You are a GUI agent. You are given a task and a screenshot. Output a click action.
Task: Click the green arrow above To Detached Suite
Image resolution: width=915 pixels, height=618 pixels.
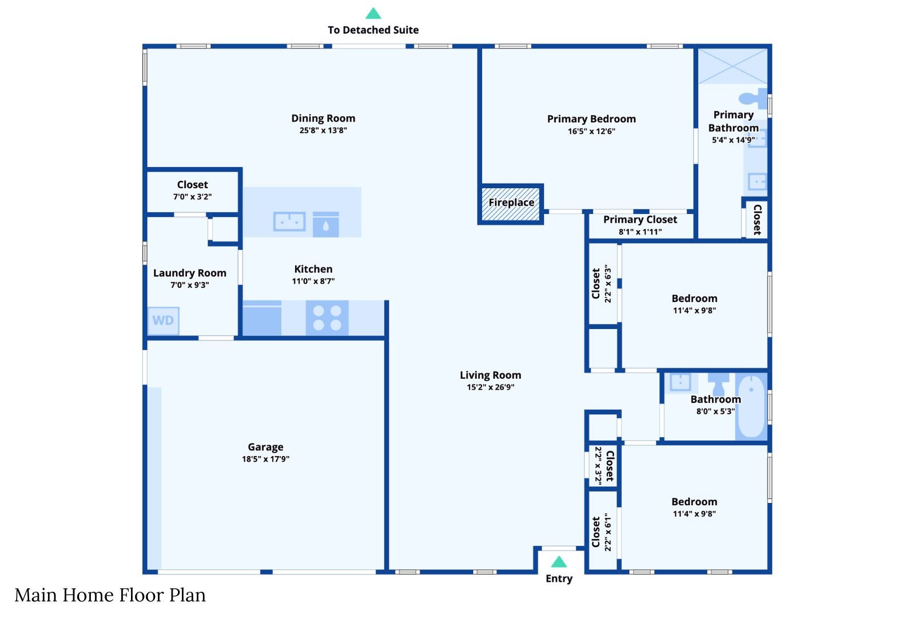[373, 14]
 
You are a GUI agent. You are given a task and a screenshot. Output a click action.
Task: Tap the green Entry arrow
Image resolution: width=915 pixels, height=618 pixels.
[559, 562]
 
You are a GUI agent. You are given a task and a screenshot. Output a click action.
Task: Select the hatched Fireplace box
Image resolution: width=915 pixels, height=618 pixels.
[511, 204]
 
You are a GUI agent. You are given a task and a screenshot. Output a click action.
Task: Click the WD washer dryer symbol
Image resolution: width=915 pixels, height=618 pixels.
[163, 320]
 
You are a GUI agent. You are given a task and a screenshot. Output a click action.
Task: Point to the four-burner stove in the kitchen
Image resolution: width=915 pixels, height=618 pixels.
[327, 318]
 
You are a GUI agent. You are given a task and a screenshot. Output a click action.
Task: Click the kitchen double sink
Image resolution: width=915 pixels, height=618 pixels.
[289, 221]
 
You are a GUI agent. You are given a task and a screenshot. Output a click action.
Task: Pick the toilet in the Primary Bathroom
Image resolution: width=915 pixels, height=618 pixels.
[753, 98]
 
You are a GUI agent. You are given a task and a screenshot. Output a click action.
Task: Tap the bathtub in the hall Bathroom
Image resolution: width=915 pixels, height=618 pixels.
[751, 406]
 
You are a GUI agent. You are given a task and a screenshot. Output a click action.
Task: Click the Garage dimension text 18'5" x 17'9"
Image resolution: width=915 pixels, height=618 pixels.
[265, 459]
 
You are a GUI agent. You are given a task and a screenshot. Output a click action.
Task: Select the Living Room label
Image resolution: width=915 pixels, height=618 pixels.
[491, 375]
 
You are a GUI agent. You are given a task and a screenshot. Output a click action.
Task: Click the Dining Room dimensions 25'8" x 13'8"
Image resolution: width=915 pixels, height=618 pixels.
[323, 130]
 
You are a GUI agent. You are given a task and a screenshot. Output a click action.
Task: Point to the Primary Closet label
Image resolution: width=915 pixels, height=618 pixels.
[640, 220]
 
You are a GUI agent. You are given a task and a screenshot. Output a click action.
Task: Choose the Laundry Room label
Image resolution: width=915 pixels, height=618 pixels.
[189, 273]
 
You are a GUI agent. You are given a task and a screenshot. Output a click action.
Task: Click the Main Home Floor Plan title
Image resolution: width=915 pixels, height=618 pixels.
[110, 595]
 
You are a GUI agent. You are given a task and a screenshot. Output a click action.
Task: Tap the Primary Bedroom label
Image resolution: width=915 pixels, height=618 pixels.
[591, 119]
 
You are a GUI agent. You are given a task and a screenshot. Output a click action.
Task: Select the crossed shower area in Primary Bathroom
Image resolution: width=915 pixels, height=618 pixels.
[733, 66]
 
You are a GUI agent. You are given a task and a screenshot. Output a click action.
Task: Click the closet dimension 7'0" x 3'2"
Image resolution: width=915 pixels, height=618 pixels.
[192, 197]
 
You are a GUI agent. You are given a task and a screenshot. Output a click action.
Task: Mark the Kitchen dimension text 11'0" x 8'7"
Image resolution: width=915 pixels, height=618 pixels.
[313, 281]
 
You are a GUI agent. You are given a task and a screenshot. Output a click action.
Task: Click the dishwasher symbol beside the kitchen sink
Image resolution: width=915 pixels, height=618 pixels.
[325, 224]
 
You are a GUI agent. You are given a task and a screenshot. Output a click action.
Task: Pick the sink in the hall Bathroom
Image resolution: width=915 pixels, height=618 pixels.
[680, 383]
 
